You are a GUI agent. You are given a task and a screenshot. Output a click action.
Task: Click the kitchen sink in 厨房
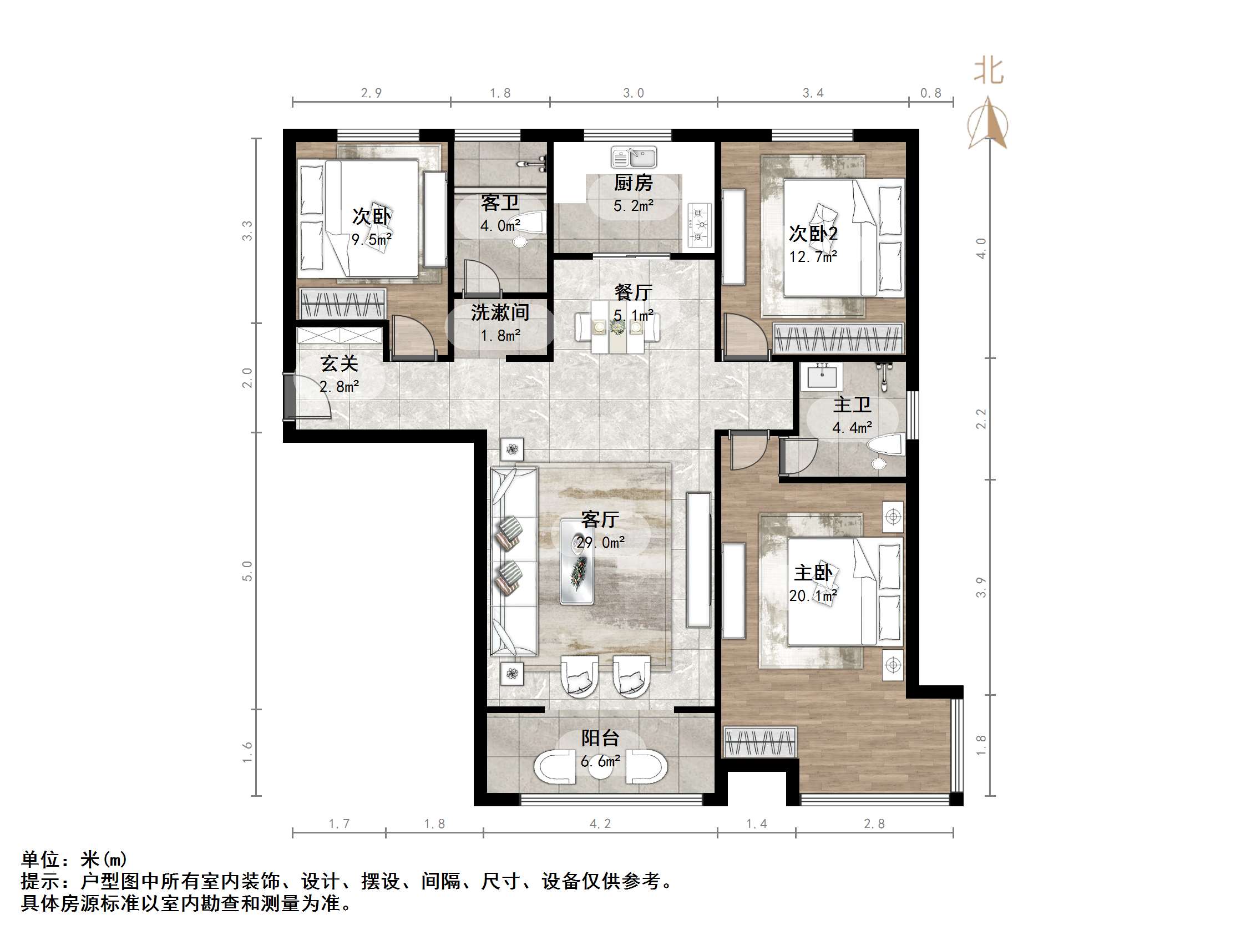click(634, 157)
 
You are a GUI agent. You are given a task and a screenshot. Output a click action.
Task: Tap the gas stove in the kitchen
click(699, 226)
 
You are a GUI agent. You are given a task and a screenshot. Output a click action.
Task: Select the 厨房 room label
click(633, 183)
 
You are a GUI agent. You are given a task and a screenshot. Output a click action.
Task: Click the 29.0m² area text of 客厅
click(600, 543)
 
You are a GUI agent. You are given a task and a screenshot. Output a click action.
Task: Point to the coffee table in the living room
click(577, 563)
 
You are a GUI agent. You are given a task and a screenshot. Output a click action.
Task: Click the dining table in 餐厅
click(617, 327)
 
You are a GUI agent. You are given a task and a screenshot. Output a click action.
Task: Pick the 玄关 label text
click(339, 364)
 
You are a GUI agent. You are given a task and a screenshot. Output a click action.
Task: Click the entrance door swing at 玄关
click(310, 397)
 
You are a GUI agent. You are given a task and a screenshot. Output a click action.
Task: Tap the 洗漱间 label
click(500, 312)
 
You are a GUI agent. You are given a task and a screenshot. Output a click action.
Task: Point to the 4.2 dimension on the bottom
click(600, 824)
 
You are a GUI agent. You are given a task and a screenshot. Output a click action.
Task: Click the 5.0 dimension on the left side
click(247, 571)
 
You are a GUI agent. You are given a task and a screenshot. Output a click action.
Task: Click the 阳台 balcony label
click(600, 739)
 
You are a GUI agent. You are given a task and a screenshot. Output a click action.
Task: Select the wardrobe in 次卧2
click(838, 338)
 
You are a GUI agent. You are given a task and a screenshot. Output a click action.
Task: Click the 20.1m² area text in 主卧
click(813, 596)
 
